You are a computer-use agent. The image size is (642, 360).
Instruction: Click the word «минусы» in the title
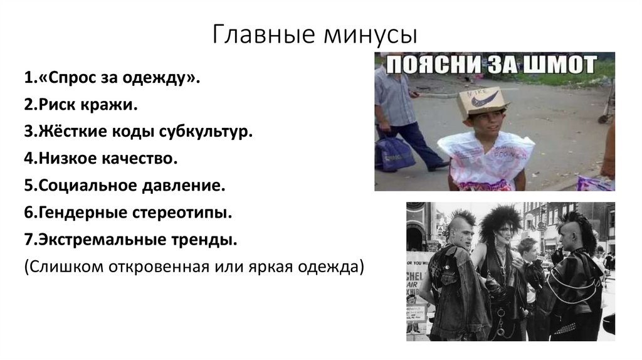pyautogui.click(x=371, y=34)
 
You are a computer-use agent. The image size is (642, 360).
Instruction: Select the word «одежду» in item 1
pyautogui.click(x=164, y=79)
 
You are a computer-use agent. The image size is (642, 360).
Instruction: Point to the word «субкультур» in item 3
pyautogui.click(x=207, y=133)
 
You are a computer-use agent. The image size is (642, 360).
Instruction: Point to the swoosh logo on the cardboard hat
pyautogui.click(x=488, y=99)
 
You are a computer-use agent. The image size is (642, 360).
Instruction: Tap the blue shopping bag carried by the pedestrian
pyautogui.click(x=394, y=154)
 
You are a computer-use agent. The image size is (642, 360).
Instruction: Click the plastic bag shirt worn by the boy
pyautogui.click(x=486, y=160)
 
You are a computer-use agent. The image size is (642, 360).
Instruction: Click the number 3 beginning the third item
pyautogui.click(x=29, y=133)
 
